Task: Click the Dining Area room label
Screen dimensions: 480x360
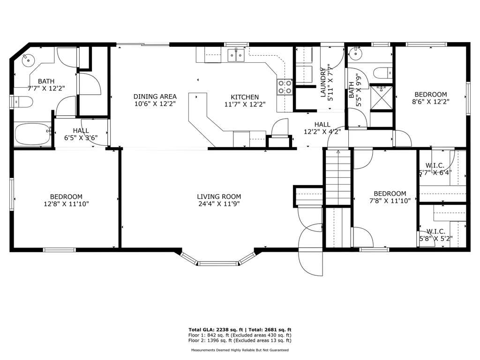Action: [x=155, y=97]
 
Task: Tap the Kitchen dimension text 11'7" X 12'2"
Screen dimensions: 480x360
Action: [x=245, y=105]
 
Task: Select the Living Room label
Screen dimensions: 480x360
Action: [x=219, y=196]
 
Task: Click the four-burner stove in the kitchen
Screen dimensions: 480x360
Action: [x=285, y=87]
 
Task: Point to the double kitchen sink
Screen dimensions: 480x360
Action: [x=236, y=55]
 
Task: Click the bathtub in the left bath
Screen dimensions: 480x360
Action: [x=33, y=134]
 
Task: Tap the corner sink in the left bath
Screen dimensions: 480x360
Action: [x=28, y=59]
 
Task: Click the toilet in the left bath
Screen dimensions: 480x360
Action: [x=23, y=102]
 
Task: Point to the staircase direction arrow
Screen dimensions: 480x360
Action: [x=338, y=152]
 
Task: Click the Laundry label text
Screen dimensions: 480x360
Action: [x=323, y=82]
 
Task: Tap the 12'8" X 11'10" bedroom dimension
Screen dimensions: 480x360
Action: [x=66, y=204]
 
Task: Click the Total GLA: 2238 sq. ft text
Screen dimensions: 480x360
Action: [x=216, y=330]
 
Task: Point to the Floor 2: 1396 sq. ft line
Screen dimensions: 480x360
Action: [x=240, y=340]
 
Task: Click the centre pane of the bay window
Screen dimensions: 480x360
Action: [x=218, y=263]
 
